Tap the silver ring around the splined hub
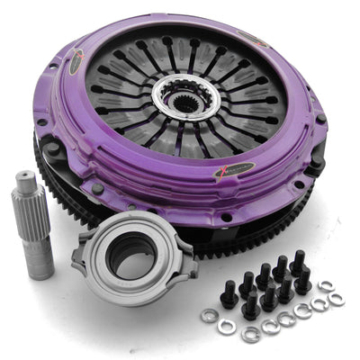coord(166,90)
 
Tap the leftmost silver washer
coord(209,315)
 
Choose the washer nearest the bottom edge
coord(250,334)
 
